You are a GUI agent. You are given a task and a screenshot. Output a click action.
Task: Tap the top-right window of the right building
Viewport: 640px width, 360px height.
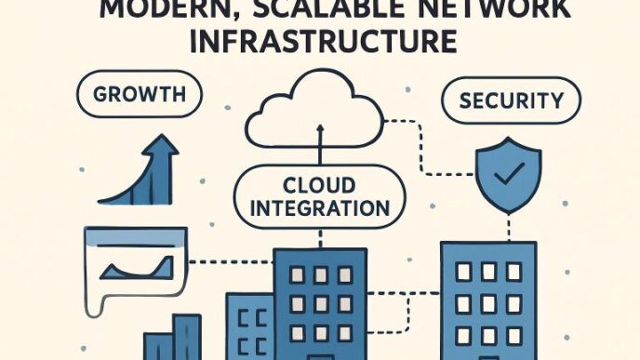[513, 271]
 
